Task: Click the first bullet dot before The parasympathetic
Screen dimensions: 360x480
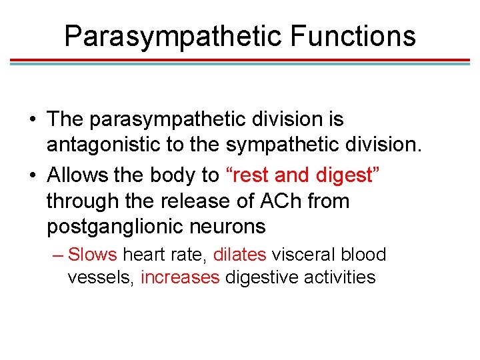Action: [31, 120]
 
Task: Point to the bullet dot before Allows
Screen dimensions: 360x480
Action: [31, 175]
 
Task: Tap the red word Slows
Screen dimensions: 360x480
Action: [92, 255]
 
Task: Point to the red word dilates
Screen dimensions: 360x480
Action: [239, 255]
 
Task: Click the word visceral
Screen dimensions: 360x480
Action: [303, 255]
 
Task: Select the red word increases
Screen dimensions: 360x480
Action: [180, 277]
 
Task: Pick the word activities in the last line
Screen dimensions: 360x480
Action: [339, 277]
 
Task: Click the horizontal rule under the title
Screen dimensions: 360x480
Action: [240, 61]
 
